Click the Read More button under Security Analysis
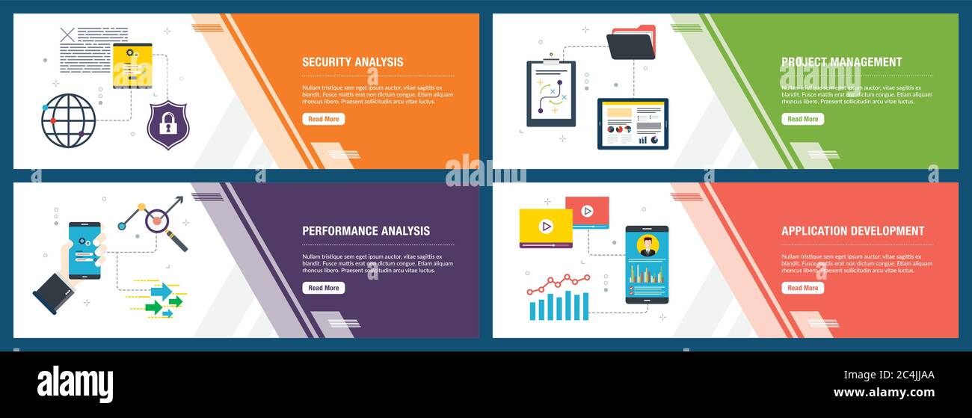[x=323, y=119]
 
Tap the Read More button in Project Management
[x=802, y=119]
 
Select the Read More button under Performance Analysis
[x=323, y=288]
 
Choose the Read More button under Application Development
[x=802, y=288]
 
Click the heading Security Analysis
[x=352, y=62]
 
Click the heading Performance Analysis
[x=366, y=231]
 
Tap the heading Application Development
[x=852, y=231]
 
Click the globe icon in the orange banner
[x=69, y=120]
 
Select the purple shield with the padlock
[x=168, y=125]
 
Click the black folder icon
[x=630, y=45]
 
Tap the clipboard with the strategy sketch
[x=551, y=93]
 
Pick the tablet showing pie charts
[x=633, y=124]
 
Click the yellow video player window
[x=546, y=227]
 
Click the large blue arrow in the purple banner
[x=161, y=291]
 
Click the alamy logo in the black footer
[x=75, y=384]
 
